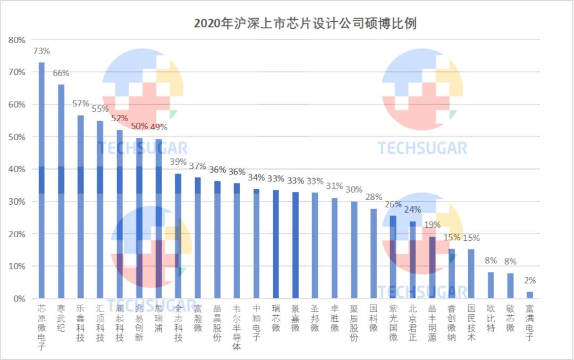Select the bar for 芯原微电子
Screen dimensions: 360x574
[x=41, y=181]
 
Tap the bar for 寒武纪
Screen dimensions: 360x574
[x=61, y=191]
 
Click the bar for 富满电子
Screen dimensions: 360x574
[x=529, y=295]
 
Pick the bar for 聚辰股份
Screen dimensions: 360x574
[x=354, y=250]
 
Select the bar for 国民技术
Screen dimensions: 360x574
[x=471, y=274]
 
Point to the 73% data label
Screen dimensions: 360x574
[x=41, y=52]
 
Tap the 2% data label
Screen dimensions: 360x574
[x=530, y=281]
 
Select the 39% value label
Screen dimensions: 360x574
[x=178, y=162]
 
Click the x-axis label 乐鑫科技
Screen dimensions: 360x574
[x=81, y=323]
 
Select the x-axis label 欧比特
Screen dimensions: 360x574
[x=491, y=318]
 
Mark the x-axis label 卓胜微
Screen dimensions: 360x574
[x=334, y=318]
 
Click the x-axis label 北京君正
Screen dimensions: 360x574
[x=412, y=323]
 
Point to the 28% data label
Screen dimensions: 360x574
[x=374, y=197]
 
